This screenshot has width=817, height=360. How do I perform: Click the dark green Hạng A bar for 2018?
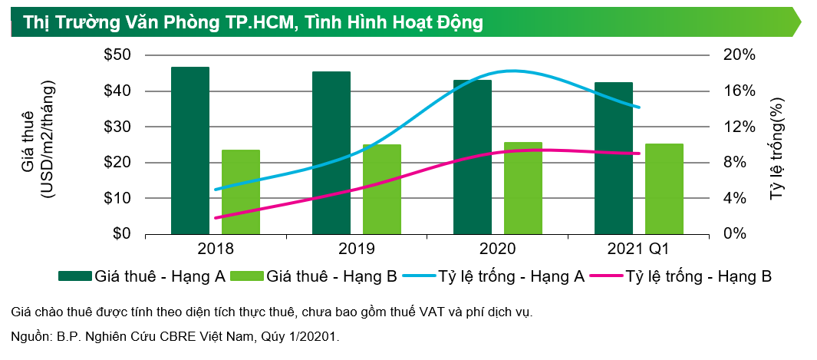point(189,150)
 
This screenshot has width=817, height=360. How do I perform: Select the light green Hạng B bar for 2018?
point(240,192)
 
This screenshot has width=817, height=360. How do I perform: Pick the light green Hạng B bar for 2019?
point(381,189)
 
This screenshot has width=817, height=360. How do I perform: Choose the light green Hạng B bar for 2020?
point(522,188)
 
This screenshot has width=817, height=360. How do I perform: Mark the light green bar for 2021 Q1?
point(664,189)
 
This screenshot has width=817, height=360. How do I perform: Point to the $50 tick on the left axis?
point(117,55)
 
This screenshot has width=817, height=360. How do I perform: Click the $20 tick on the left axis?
point(117,163)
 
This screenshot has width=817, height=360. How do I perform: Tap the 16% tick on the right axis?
point(739,91)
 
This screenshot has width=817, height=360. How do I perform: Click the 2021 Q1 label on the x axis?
point(638,249)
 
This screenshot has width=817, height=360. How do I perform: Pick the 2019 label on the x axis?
point(356,249)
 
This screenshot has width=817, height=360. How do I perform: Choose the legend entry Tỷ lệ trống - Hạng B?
point(698,276)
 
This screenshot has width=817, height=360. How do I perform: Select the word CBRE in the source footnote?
point(168,336)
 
